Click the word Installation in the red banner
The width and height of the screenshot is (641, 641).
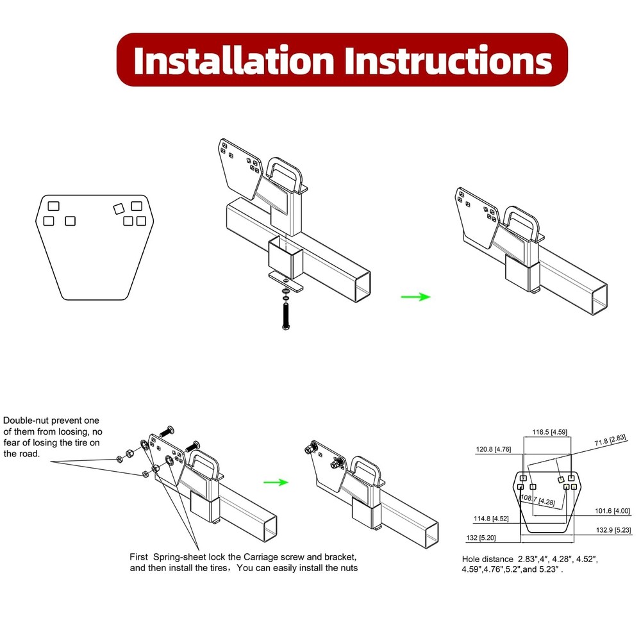(x=234, y=60)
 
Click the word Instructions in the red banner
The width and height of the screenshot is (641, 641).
(x=448, y=60)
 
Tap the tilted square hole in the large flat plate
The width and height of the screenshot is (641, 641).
(x=119, y=209)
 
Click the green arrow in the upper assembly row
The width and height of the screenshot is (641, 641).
(x=416, y=297)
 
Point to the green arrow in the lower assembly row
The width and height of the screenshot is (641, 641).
(x=276, y=483)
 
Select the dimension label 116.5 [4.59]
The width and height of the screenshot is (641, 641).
(x=549, y=432)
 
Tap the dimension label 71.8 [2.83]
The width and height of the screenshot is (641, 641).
(x=610, y=440)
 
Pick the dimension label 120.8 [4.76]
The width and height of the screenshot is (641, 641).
(x=494, y=449)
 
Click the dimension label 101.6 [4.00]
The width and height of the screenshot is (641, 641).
(x=612, y=511)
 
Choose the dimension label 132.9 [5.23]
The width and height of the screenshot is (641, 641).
(x=613, y=530)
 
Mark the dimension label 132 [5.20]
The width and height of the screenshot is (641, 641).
(x=481, y=538)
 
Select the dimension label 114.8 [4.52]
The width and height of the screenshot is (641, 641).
(x=491, y=519)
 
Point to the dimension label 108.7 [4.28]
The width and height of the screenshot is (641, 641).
(x=538, y=500)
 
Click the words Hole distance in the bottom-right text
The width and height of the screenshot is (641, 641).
(x=487, y=559)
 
